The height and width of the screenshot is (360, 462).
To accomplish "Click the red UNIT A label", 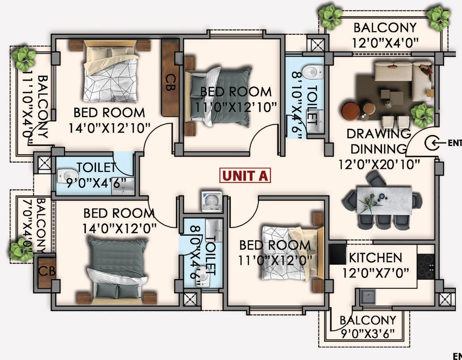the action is coord(245,175).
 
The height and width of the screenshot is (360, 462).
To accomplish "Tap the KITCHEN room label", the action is coord(375,258).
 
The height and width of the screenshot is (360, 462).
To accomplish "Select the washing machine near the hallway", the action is coord(212,202).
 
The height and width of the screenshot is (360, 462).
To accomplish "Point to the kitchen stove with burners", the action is coord(426,267).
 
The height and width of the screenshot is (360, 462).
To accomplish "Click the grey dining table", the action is coord(384,200).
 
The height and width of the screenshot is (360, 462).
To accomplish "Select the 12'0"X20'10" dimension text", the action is coord(379,164).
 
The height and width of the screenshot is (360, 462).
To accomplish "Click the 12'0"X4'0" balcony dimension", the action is coord(385,43).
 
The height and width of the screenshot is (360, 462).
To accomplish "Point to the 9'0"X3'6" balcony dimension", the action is coord(367,334).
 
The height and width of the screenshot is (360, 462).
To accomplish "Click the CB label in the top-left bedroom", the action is coord(170,83).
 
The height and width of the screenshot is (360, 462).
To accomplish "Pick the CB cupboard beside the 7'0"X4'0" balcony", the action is coord(47,271).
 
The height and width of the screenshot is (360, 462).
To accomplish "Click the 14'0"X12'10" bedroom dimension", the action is coord(110,128).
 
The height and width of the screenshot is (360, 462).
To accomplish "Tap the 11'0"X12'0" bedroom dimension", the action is coord(275,260).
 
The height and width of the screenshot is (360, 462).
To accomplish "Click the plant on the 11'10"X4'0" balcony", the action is coord(23,58).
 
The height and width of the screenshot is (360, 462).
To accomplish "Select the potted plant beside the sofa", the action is coord(422,115).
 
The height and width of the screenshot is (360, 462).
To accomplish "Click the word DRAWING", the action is coord(379,134).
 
